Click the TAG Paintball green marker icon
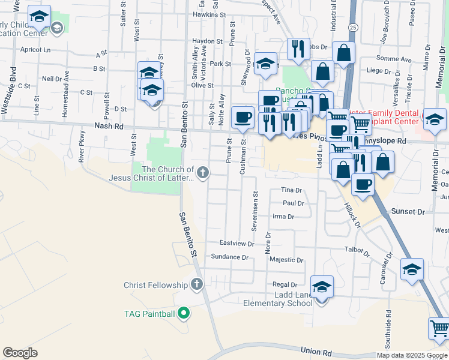tap(185, 313)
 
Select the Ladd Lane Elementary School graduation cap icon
tap(322, 288)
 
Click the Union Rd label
tap(316, 350)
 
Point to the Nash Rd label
tap(109, 127)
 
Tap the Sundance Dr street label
tap(229, 257)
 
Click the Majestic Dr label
tap(286, 260)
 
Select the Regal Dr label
tap(285, 284)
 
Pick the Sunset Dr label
tap(408, 212)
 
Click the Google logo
tap(20, 353)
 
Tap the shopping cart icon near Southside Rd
tap(439, 329)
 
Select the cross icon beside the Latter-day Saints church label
tap(203, 173)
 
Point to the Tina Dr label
tap(291, 190)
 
